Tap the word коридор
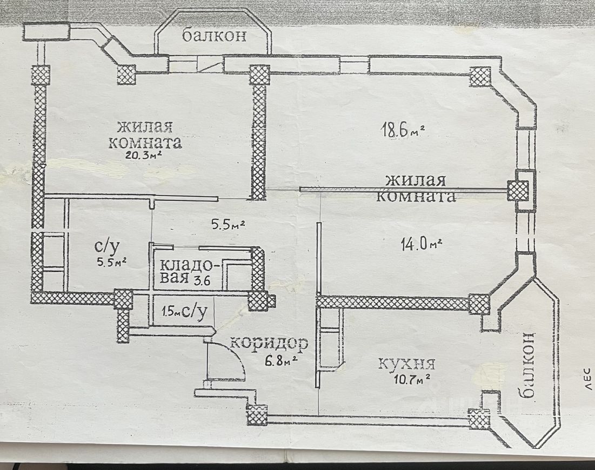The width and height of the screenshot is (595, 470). click(x=269, y=343)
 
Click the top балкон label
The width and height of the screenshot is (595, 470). click(x=214, y=36)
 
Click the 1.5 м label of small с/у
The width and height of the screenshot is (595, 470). click(x=168, y=312)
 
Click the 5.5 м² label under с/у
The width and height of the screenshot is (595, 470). click(x=111, y=263)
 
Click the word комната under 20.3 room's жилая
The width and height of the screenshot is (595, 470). click(x=144, y=143)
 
